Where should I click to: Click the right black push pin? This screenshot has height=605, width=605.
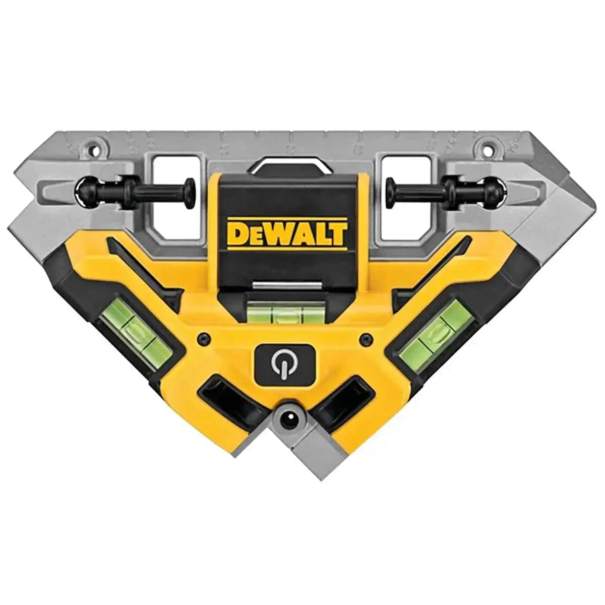[x=444, y=192]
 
